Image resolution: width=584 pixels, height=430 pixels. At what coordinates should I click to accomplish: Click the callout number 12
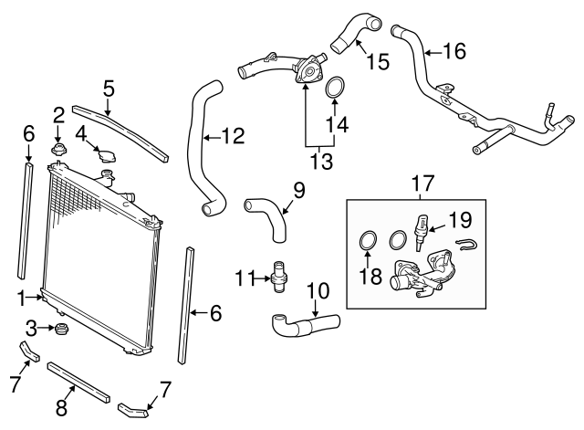pyautogui.click(x=234, y=138)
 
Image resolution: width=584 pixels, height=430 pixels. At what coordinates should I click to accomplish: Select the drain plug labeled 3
pyautogui.click(x=62, y=329)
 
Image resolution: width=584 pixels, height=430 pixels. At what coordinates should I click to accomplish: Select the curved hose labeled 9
pyautogui.click(x=266, y=217)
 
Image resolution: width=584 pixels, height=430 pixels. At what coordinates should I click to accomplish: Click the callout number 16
pyautogui.click(x=454, y=51)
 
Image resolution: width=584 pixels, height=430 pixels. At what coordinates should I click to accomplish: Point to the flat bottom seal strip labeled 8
pyautogui.click(x=78, y=383)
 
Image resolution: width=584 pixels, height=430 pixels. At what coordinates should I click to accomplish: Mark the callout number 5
pyautogui.click(x=109, y=89)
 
